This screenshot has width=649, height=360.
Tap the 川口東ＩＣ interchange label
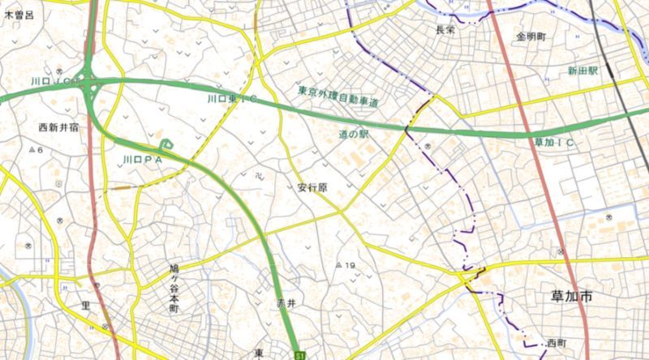231,99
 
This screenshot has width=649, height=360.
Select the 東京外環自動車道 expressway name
338,97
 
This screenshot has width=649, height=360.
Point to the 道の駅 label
353,134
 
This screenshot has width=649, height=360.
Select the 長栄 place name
445,29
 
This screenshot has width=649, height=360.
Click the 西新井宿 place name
61,127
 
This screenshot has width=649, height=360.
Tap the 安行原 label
312,187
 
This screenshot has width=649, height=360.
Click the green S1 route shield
300,354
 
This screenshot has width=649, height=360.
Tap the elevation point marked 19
346,265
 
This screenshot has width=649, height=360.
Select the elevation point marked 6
37,151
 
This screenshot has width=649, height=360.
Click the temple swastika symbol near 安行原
257,174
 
